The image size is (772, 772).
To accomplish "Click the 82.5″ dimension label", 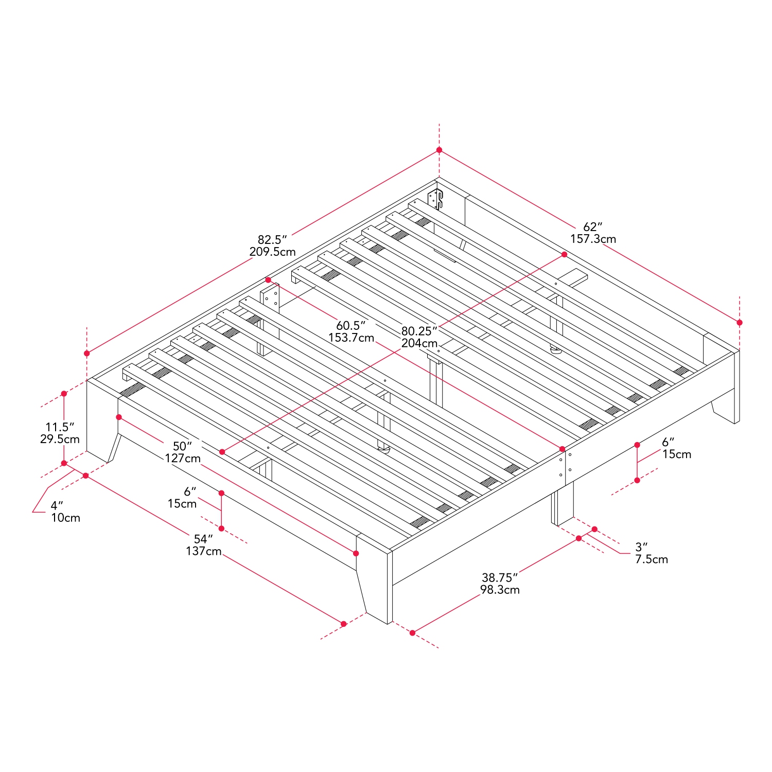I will (272, 240).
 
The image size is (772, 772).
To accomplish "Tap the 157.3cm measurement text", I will (593, 239).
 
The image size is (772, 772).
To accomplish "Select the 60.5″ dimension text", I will (351, 326).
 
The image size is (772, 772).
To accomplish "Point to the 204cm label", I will (419, 343).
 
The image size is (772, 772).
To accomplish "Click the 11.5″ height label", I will (60, 427).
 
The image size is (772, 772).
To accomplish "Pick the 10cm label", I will (66, 518).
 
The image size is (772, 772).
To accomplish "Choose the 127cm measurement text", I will (183, 459).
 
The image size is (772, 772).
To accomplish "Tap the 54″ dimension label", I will (203, 539).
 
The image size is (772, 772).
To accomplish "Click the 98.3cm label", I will (500, 590).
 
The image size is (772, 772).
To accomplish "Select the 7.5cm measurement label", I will (652, 559).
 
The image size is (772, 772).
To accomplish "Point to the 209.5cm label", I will (272, 252).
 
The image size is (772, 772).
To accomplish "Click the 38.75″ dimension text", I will (500, 578).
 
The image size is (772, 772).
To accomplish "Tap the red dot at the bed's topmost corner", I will (439, 150).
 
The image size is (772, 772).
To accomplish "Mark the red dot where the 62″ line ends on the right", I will (740, 323).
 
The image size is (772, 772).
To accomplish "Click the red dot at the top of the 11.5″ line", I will (64, 394).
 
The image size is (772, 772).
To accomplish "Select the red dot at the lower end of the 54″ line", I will (344, 624).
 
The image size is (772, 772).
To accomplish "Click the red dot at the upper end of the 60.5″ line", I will (268, 280).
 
